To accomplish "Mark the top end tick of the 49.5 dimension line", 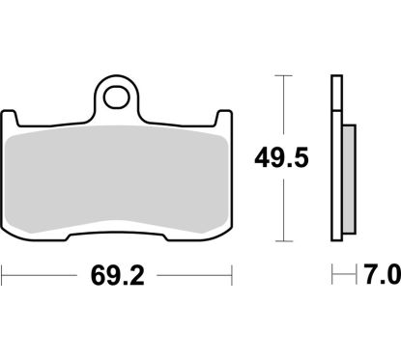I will [x=283, y=74].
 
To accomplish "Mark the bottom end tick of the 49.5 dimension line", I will [x=283, y=241].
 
